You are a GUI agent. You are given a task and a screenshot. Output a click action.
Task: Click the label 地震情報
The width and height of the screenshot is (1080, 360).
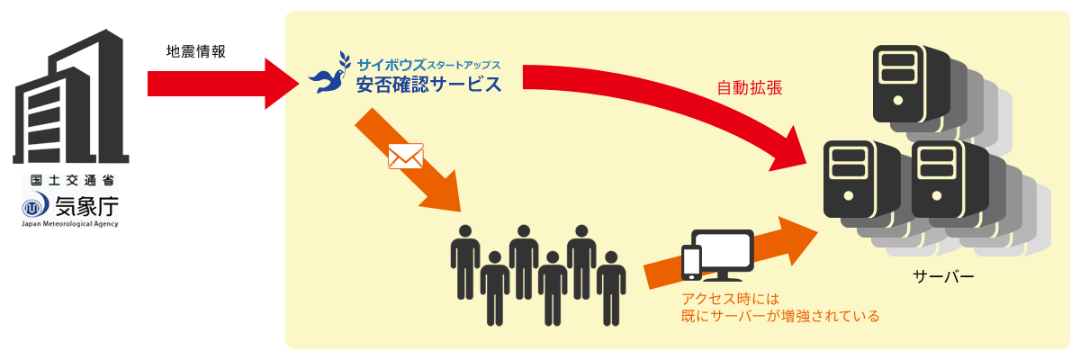pyautogui.click(x=195, y=51)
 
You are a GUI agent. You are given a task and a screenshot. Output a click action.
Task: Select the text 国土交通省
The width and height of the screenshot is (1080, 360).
pyautogui.click(x=71, y=180)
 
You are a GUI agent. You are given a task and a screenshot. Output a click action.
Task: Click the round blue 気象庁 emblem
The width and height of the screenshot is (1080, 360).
pyautogui.click(x=36, y=206)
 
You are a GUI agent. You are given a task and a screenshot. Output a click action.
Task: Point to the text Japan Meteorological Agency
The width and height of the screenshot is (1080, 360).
pyautogui.click(x=70, y=224)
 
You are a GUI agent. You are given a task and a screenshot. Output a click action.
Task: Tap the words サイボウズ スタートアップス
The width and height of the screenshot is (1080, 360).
pyautogui.click(x=427, y=65)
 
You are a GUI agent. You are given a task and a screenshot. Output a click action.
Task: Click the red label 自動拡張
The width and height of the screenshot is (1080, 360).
pyautogui.click(x=749, y=88)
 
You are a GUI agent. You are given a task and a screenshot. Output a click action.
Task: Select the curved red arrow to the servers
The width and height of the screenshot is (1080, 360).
pyautogui.click(x=684, y=99)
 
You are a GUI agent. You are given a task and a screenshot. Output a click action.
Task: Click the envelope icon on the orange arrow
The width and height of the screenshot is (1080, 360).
pyautogui.click(x=405, y=157)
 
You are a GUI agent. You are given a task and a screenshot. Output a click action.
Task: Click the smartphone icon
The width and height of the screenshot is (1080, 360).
pyautogui.click(x=692, y=261)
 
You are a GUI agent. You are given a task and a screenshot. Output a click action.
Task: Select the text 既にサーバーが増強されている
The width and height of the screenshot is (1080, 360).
pyautogui.click(x=779, y=316)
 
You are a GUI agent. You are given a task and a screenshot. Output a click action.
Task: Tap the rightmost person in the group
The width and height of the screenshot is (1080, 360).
pyautogui.click(x=611, y=286)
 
